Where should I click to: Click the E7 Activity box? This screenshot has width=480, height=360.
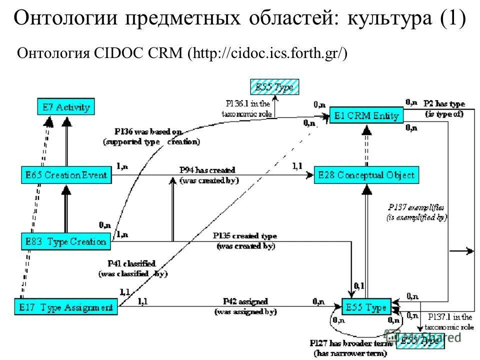(65, 107)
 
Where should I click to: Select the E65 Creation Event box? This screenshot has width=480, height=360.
(66, 175)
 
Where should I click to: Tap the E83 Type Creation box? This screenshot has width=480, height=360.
(65, 241)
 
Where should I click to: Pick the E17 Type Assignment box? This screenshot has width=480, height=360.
(65, 306)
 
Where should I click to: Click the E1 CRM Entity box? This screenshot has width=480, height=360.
(366, 116)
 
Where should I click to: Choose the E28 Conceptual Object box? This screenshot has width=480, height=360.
(366, 175)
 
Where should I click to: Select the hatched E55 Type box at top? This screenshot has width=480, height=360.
(274, 87)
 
